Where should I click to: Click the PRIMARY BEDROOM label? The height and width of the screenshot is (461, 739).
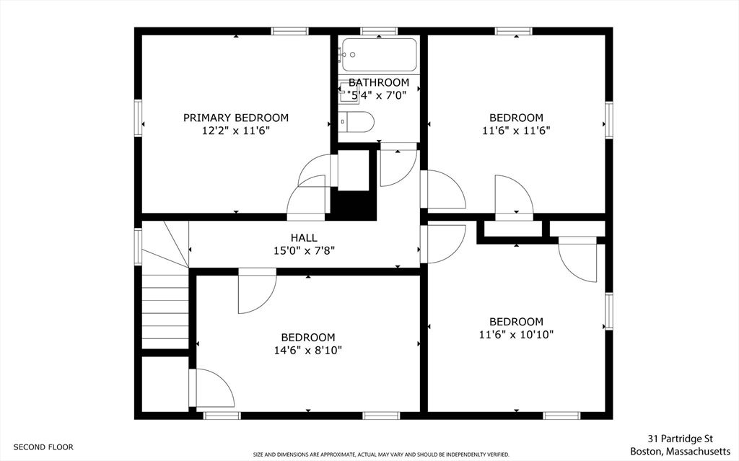tap(235, 118)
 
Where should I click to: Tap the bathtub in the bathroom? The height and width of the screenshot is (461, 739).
tap(379, 53)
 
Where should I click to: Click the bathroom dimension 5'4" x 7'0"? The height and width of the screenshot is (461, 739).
tap(378, 95)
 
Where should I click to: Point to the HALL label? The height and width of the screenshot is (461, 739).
tap(303, 237)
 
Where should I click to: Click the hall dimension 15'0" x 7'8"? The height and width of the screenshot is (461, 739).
tap(303, 251)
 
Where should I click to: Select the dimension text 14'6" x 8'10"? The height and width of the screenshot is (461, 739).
tap(308, 351)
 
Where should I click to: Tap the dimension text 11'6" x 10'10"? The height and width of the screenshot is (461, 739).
tap(516, 335)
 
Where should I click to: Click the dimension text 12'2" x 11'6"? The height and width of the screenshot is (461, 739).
tap(235, 131)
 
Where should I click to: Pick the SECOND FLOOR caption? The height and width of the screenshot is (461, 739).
tap(43, 447)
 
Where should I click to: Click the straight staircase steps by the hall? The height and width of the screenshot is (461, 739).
tap(165, 310)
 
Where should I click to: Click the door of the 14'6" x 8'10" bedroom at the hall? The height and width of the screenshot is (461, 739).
tap(257, 292)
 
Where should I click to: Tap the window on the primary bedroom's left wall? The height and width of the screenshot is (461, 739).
tap(138, 118)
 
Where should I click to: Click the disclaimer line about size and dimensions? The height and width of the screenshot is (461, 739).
tap(381, 455)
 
